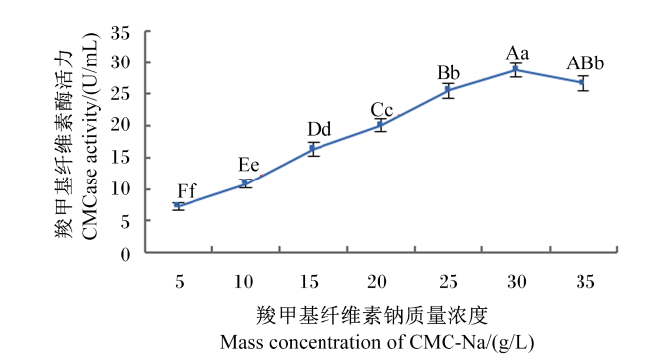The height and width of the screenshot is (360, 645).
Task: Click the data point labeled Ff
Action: pos(178,205)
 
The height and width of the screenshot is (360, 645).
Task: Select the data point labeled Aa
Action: pos(515,69)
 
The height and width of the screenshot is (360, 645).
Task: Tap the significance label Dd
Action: pos(320,129)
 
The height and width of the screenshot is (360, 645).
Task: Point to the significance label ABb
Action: pos(584,63)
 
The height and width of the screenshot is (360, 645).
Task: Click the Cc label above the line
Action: pos(382,110)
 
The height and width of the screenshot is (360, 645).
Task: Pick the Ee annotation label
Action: pos(249,165)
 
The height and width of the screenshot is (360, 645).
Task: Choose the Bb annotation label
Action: pos(449,73)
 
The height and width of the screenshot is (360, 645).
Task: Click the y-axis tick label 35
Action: pos(120,33)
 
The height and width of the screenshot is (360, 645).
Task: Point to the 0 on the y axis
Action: pos(125,255)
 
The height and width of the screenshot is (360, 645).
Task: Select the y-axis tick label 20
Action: pos(120,125)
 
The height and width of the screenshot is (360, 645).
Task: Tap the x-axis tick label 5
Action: pos(179,282)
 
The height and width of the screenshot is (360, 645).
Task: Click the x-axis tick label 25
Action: pos(448,282)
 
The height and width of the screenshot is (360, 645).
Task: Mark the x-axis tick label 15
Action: pos(309,282)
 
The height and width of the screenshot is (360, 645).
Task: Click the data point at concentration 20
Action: pos(380,125)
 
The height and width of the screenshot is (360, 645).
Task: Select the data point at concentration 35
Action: pos(581,82)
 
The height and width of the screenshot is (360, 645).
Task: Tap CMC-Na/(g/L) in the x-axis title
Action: pos(471,343)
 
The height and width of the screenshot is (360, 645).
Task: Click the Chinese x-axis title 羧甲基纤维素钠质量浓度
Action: pos(372,316)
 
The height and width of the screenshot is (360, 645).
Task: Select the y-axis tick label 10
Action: pos(120,189)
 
